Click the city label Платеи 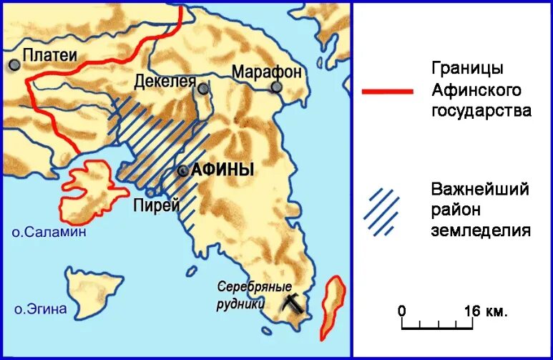49,54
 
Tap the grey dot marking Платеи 14,64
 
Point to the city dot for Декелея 204,89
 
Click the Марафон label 266,72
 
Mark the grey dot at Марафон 276,87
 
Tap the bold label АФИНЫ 222,170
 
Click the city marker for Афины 183,171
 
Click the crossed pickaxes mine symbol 292,301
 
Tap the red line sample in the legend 387,92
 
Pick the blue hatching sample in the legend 383,212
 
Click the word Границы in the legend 468,69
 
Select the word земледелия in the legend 481,230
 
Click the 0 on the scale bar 402,311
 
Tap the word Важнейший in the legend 480,190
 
